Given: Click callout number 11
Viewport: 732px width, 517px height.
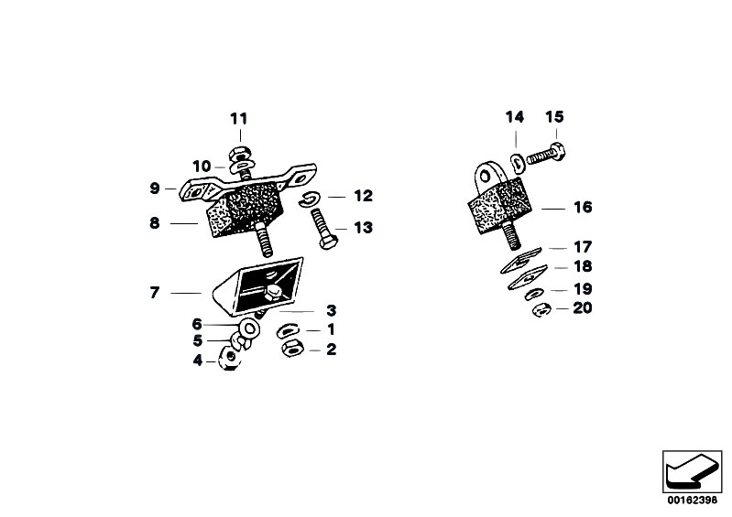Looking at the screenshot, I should pyautogui.click(x=238, y=119).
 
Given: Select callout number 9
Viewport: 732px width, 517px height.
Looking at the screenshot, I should pyautogui.click(x=155, y=188).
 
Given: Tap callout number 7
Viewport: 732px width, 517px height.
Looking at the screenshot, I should pyautogui.click(x=155, y=293).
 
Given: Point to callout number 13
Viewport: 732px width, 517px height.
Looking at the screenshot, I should pyautogui.click(x=363, y=228).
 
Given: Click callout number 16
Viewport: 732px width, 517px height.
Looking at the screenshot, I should pyautogui.click(x=583, y=208).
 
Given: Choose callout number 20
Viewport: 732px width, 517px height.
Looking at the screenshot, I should pyautogui.click(x=582, y=308).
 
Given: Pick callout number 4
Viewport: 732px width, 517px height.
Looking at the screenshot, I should pyautogui.click(x=197, y=361).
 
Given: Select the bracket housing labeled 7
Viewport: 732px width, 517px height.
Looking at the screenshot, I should pyautogui.click(x=261, y=284).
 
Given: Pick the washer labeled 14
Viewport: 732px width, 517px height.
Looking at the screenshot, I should pyautogui.click(x=518, y=162).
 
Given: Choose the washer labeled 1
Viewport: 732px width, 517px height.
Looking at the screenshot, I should pyautogui.click(x=288, y=329).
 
